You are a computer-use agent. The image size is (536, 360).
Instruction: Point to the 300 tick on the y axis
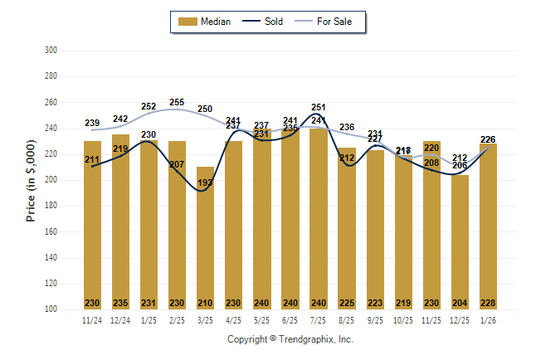pos(51,51)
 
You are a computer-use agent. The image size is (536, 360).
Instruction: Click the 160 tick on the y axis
pos(51,231)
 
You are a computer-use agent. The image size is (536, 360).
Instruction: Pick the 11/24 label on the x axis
pos(92,319)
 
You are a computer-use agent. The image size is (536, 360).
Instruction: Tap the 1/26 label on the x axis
pos(488,319)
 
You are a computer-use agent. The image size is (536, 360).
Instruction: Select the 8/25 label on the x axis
pos(346,319)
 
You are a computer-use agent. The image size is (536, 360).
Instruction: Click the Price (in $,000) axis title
pos(31,180)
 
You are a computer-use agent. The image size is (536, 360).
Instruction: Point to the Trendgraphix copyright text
pos(290,339)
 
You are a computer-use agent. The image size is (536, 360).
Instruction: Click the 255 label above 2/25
pos(177,103)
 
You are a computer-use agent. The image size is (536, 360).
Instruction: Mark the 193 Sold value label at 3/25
pos(205,182)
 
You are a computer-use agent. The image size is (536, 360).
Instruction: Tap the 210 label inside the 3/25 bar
pos(205,303)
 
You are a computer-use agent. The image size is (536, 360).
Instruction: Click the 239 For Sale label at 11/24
pos(92,124)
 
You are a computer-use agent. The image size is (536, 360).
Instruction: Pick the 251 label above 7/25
pos(318,107)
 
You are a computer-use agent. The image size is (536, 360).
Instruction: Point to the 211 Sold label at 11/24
pos(92,159)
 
